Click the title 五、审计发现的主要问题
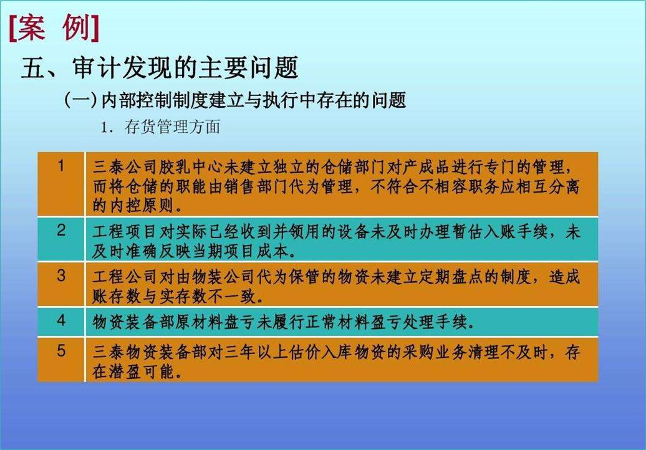pos(160,68)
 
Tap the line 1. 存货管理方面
pos(160,128)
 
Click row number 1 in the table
pos(61,166)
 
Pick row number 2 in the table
pos(61,231)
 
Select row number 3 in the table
pos(61,275)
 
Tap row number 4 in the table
pos(61,321)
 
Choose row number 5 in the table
pos(61,351)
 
